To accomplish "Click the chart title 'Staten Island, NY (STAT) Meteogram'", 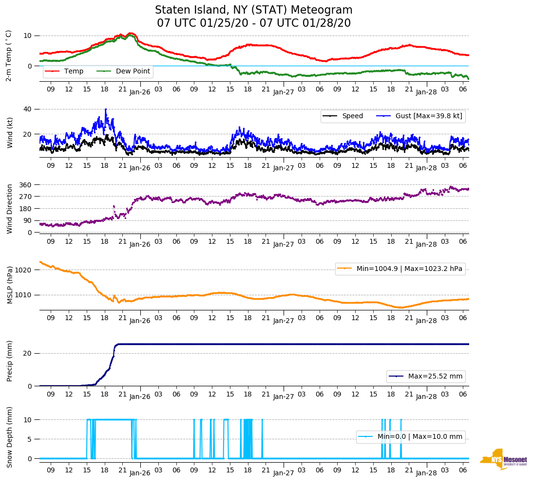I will click(253, 10).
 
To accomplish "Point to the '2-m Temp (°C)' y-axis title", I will click(9, 55).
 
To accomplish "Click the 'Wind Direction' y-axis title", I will click(10, 209).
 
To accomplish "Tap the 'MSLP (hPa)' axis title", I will click(10, 285).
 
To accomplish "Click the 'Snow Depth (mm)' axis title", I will click(10, 437).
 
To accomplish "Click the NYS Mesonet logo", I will click(503, 460).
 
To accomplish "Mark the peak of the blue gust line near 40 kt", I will click(106, 109).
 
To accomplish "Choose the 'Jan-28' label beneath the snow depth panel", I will click(426, 473).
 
